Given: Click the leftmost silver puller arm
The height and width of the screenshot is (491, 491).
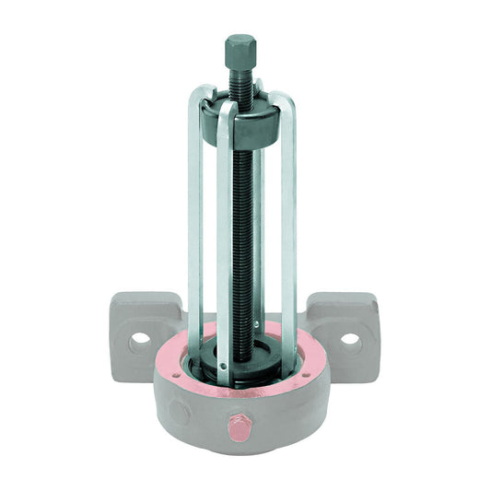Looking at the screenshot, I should point(193,230).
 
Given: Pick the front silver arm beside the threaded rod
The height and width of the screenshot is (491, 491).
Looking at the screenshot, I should point(223,249).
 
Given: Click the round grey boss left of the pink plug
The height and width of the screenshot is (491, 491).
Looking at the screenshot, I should point(181,411).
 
